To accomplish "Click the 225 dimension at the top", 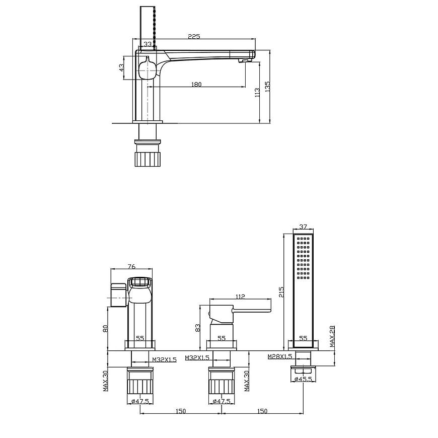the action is point(194,36).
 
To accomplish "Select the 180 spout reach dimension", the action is point(196,84).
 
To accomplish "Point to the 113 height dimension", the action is point(257,93).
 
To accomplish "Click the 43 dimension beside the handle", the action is point(121,67).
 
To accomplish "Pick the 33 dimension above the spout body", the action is point(148,44).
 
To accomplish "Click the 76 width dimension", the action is point(131,266).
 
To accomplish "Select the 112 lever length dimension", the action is point(240,297).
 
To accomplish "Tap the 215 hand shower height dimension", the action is point(281,291).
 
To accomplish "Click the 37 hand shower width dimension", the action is point(303,227).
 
